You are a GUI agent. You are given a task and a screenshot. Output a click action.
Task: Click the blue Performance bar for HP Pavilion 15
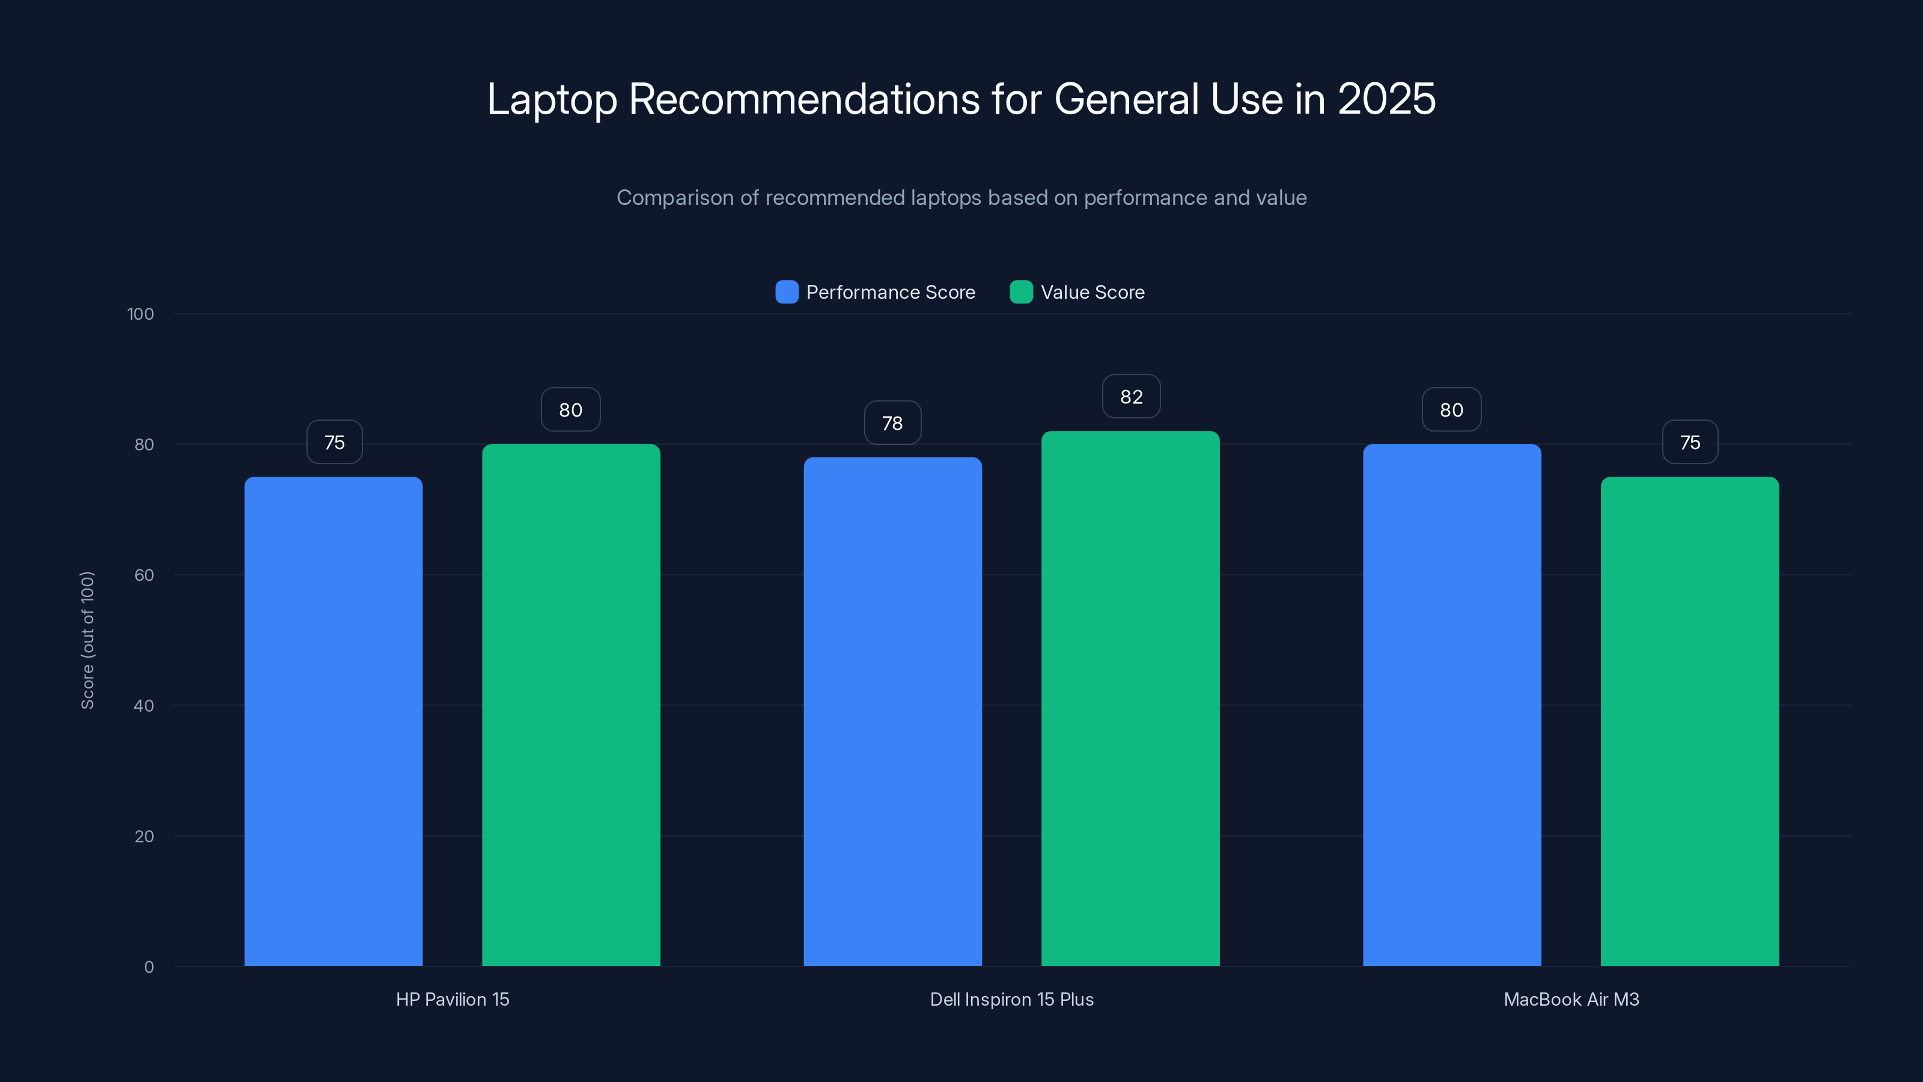[x=333, y=721]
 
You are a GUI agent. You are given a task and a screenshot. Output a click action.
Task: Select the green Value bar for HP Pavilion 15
[x=571, y=705]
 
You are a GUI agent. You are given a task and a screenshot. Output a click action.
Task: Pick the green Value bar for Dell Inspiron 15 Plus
[x=1130, y=698]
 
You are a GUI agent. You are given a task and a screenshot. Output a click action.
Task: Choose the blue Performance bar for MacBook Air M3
[x=1451, y=705]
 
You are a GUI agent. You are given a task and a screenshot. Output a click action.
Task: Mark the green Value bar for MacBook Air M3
[x=1689, y=721]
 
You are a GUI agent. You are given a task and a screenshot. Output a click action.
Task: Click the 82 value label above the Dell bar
[x=1131, y=397]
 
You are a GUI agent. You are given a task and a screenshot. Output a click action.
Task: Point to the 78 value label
[x=892, y=423]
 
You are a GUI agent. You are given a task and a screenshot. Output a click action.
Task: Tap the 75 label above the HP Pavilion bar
[x=335, y=442]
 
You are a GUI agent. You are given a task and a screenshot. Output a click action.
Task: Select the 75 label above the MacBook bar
[x=1689, y=442]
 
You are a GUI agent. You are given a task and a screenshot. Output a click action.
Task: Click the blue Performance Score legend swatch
[x=787, y=292]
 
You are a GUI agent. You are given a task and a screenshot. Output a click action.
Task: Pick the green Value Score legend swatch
[x=1020, y=292]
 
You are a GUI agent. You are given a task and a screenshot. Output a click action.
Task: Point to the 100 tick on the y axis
[x=141, y=314]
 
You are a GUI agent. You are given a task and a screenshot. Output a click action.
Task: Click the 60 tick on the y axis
[x=144, y=575]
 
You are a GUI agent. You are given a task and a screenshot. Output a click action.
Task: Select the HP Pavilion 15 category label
[x=453, y=999]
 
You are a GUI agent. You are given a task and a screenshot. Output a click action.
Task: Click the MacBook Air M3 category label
[x=1571, y=999]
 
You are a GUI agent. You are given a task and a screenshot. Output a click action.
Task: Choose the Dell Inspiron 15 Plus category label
[x=1011, y=999]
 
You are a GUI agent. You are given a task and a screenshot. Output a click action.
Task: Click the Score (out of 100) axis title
[x=87, y=640]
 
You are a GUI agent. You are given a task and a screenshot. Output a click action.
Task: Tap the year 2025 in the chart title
[x=1386, y=99]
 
